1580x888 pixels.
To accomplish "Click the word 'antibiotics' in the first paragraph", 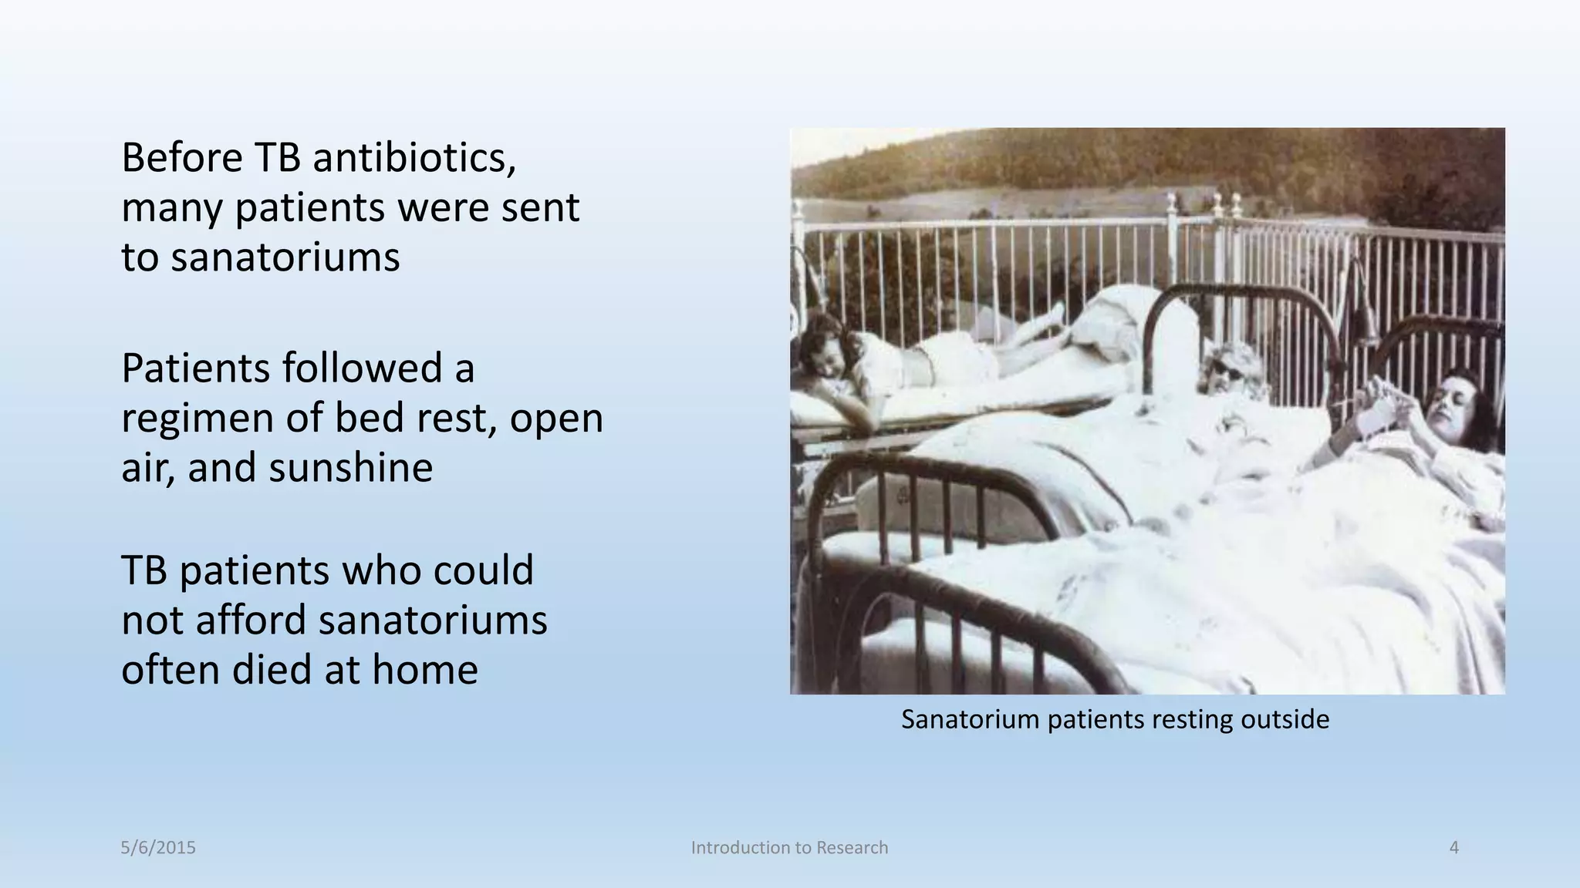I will click(x=414, y=158).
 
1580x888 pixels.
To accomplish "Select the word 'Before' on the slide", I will click(x=182, y=158).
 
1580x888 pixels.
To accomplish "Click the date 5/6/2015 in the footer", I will click(x=158, y=848).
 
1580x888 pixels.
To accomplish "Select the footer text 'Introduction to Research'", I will click(x=789, y=848).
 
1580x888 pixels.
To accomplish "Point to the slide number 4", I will click(x=1454, y=848).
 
